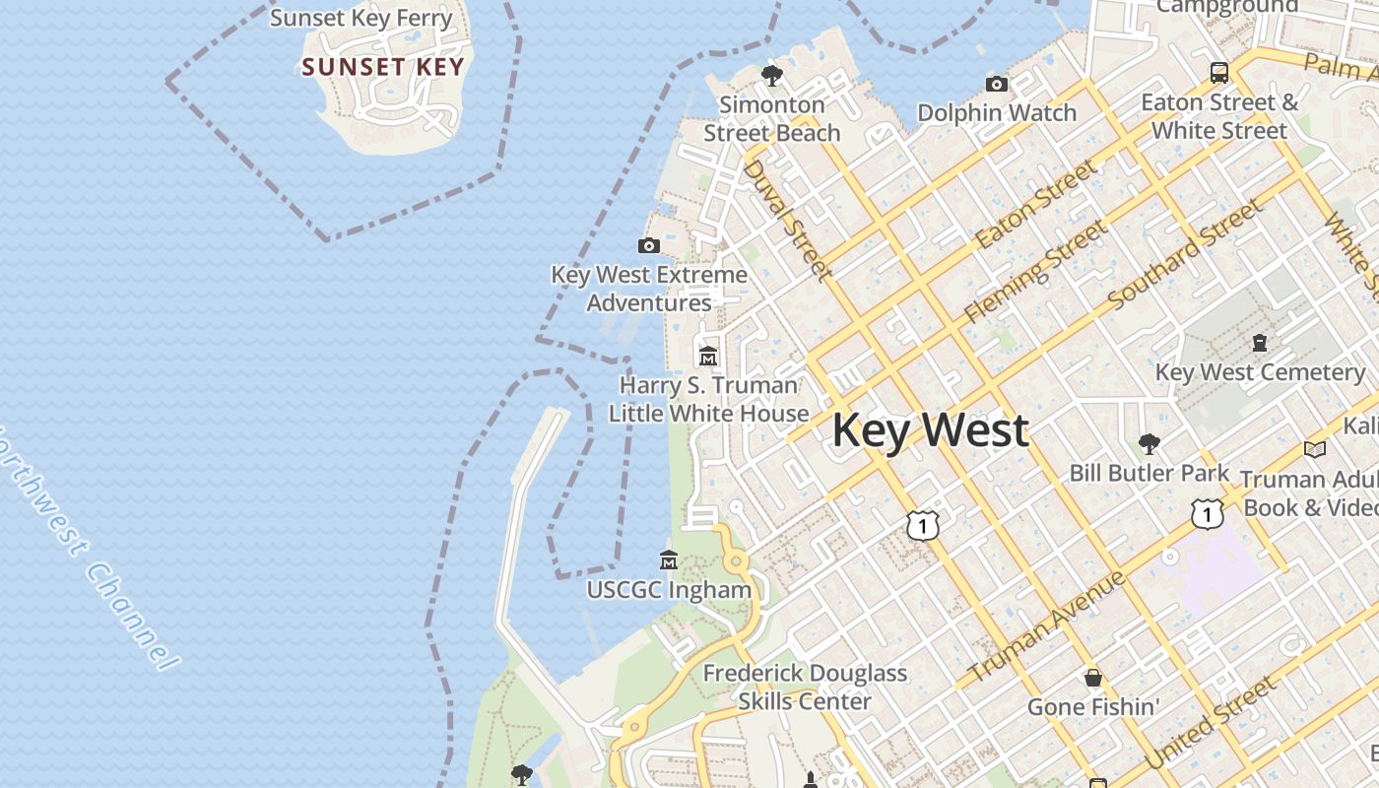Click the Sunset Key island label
(x=382, y=67)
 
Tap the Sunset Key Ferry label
(x=361, y=18)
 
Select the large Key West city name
(x=931, y=430)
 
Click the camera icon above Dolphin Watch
(x=997, y=85)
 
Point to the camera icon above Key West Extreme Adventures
(x=649, y=245)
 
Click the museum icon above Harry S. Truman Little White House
(x=708, y=356)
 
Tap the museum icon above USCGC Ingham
(x=669, y=560)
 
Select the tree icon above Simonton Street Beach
(x=772, y=75)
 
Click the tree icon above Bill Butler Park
(x=1149, y=443)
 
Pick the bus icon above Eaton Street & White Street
(x=1219, y=72)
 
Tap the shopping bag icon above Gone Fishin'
(x=1093, y=678)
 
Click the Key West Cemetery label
(x=1260, y=372)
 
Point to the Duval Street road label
(x=786, y=219)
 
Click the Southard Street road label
(x=1185, y=253)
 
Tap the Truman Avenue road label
(x=1047, y=626)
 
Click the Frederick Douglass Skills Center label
(x=805, y=687)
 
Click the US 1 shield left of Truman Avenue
(x=922, y=525)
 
